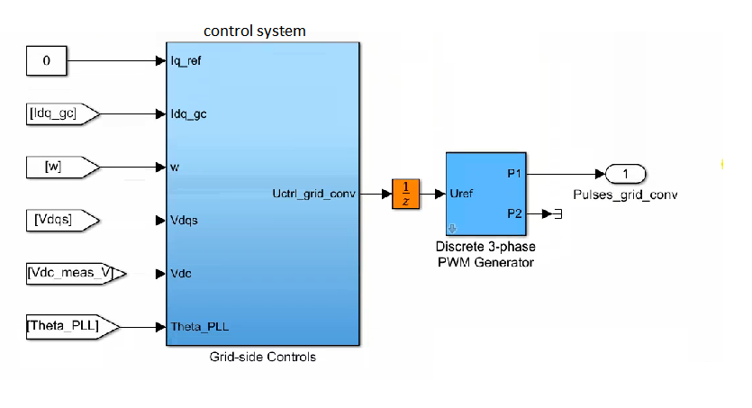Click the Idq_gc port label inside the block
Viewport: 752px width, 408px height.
(x=189, y=114)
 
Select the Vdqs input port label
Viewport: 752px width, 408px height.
(x=186, y=220)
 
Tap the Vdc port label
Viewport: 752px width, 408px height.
(x=182, y=273)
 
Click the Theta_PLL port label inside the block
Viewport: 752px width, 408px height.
(x=200, y=326)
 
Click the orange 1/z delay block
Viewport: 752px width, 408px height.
(x=406, y=194)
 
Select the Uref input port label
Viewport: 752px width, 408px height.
(x=463, y=194)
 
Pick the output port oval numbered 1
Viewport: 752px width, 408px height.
(x=625, y=174)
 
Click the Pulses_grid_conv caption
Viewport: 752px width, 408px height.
(x=624, y=194)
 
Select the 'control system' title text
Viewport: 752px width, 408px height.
(x=255, y=32)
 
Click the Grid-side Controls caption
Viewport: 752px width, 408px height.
(x=262, y=358)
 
